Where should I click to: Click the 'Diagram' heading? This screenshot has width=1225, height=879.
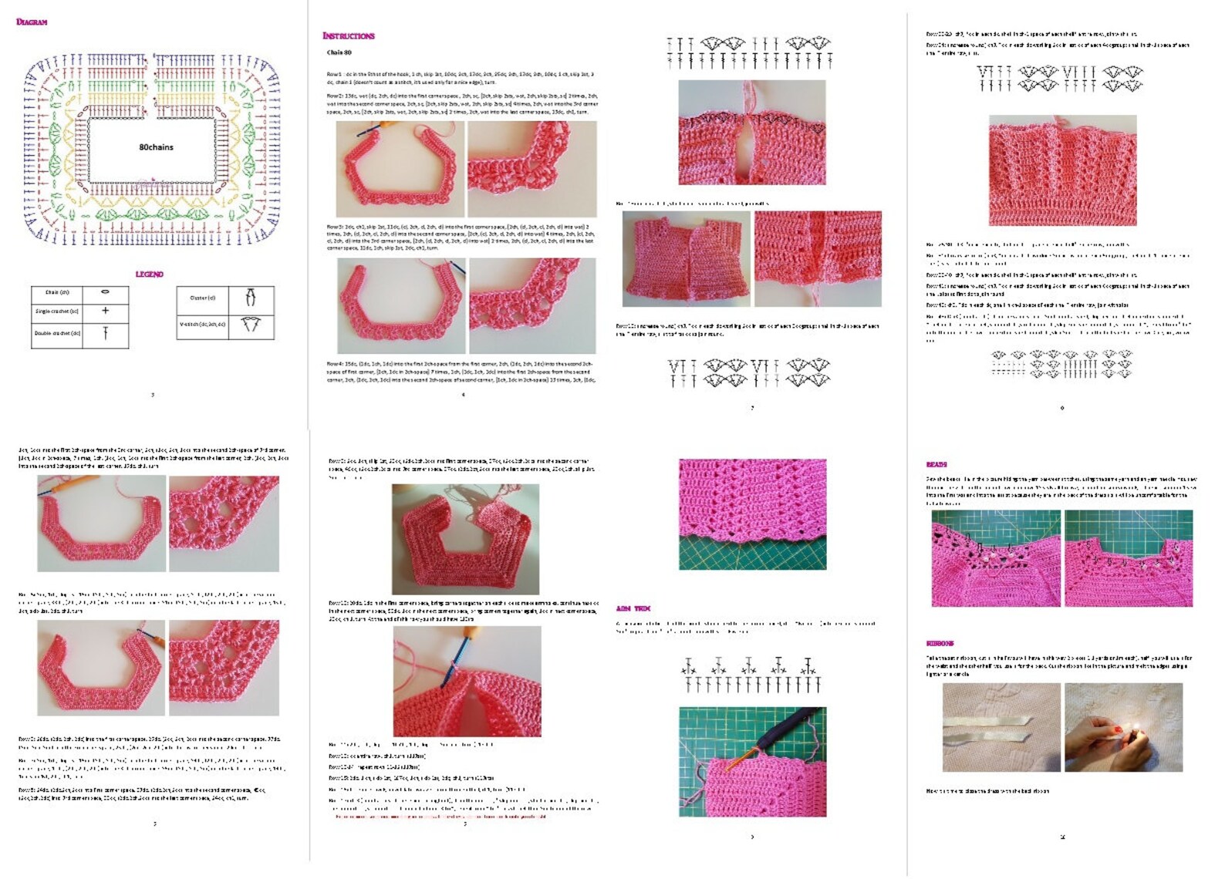tap(32, 22)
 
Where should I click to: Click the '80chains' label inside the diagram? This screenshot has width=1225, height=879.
tap(156, 147)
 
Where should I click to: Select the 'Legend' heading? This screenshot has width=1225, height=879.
tap(149, 274)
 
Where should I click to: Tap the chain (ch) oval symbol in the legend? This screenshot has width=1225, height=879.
tap(106, 292)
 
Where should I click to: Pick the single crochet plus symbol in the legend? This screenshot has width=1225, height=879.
tap(106, 310)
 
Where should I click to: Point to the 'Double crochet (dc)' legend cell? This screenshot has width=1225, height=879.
tap(57, 333)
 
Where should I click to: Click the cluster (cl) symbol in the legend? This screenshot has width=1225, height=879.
tap(251, 297)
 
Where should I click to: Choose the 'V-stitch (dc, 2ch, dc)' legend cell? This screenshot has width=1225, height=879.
tap(203, 325)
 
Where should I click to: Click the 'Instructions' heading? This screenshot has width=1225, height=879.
tap(348, 35)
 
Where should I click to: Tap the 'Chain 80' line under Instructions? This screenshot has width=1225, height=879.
tap(339, 52)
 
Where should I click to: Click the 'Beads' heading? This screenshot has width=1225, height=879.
tap(936, 464)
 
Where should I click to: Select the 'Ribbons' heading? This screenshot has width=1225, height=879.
tap(940, 643)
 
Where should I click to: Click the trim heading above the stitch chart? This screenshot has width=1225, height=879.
tap(633, 608)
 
